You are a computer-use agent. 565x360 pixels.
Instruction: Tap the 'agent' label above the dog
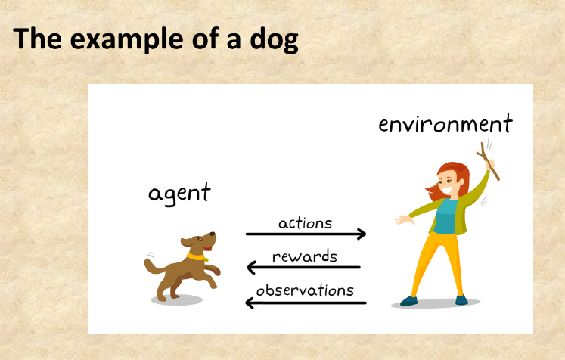179,194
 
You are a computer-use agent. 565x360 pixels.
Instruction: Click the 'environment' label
445,124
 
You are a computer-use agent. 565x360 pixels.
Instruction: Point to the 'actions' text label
305,223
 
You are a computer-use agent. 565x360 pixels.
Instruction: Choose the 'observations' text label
305,290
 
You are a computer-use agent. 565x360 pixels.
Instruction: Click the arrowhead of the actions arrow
362,234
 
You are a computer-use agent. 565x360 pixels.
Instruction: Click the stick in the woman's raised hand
487,161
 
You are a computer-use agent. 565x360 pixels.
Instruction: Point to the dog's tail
154,265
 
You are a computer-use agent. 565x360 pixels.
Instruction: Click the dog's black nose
214,234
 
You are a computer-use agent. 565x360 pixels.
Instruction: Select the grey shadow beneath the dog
177,300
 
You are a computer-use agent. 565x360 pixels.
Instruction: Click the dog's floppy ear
186,244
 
